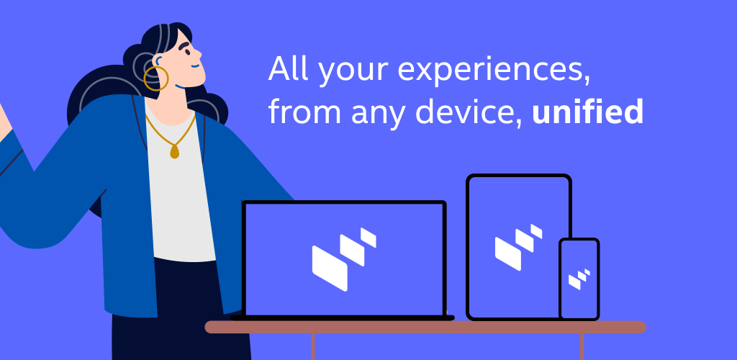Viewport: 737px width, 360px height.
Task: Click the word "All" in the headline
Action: (288, 68)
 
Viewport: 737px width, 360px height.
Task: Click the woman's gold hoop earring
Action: (155, 78)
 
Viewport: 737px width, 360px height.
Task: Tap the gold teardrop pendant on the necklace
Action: (174, 151)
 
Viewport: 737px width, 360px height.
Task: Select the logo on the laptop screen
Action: (344, 259)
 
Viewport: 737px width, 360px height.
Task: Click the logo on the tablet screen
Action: (518, 247)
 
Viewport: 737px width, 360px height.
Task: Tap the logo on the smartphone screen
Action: (579, 279)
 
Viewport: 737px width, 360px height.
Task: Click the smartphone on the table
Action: (579, 279)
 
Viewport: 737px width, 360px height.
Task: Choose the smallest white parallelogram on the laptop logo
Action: (368, 238)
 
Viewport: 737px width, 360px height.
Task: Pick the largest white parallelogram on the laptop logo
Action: (330, 268)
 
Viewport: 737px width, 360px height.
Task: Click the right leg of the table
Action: (582, 346)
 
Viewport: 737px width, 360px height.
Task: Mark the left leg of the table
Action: (312, 346)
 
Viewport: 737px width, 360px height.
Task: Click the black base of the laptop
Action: (342, 318)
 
